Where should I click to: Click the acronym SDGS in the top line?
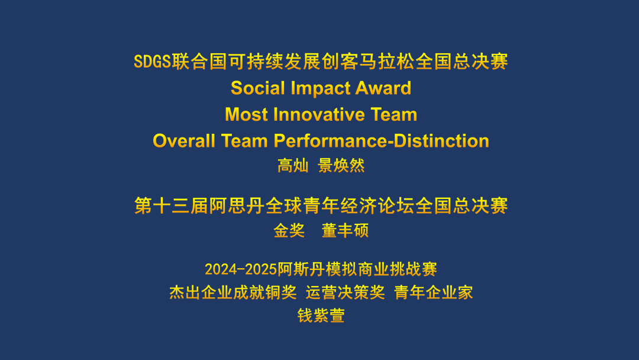point(153,62)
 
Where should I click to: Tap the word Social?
point(258,88)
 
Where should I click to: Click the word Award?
point(383,88)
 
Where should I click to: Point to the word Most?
point(247,114)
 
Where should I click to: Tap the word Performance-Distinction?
point(382,141)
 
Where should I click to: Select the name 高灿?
point(293,166)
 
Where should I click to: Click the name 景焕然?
point(341,166)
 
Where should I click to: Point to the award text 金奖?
point(289,231)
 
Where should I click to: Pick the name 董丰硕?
point(345,231)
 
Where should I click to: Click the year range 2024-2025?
point(240,269)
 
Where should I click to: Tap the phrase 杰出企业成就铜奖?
point(233,292)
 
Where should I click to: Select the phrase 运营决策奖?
point(345,292)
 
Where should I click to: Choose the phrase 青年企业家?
point(434,292)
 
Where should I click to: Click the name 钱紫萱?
point(321,316)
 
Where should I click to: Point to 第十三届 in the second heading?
point(171,205)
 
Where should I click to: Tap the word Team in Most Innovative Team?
point(394,114)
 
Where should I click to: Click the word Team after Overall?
point(244,141)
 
